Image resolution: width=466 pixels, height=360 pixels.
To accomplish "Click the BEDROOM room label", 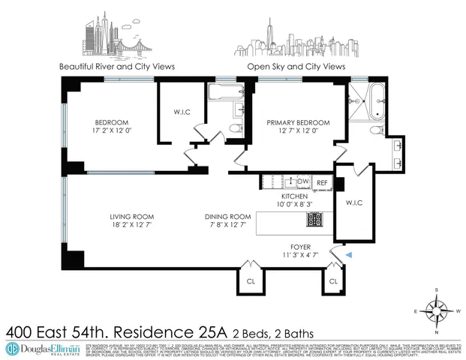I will point(111,123).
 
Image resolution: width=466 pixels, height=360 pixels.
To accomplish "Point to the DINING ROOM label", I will point(228,217).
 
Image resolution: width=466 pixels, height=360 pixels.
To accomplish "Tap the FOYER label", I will point(300,247).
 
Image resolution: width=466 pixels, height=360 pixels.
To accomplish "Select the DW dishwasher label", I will point(303,181).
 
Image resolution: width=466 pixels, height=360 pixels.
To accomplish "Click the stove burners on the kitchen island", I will point(314,220).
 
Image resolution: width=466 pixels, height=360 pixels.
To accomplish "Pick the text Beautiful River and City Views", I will point(117,67).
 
